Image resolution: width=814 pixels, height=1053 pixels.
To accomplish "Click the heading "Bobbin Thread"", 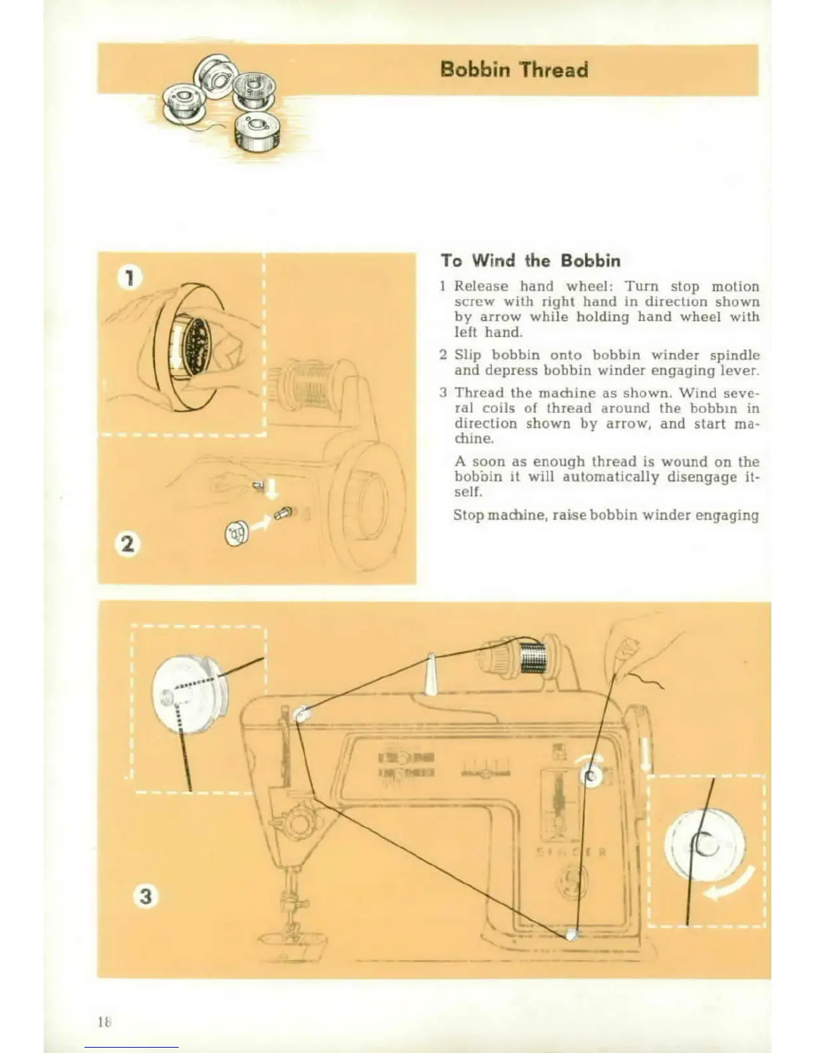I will click(x=514, y=69).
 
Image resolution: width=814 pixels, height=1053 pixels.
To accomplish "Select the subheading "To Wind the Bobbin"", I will click(x=530, y=260).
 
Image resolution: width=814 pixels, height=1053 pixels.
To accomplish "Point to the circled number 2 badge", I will click(x=127, y=544).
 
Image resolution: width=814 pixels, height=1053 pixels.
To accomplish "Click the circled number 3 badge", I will click(x=145, y=896).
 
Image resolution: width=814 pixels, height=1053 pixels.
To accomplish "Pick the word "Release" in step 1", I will click(x=481, y=287).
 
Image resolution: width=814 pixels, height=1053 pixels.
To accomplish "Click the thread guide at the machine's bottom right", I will click(x=571, y=934).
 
